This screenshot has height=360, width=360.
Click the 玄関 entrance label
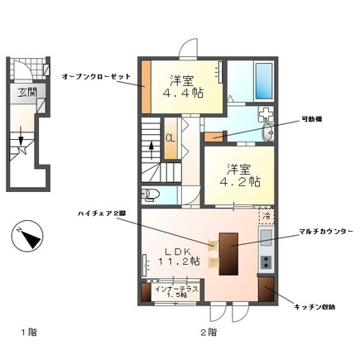pyautogui.click(x=22, y=94)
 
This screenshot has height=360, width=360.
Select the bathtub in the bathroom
pyautogui.click(x=266, y=79)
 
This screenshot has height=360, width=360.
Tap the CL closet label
pyautogui.click(x=170, y=138)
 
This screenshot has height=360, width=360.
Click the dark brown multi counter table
pyautogui.click(x=228, y=252)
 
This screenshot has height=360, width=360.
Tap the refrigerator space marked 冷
pyautogui.click(x=266, y=216)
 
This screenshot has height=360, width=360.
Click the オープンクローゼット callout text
pyautogui.click(x=96, y=75)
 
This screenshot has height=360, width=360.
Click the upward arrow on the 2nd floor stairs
pyautogui.click(x=151, y=150)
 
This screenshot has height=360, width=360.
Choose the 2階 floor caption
pyautogui.click(x=207, y=334)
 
